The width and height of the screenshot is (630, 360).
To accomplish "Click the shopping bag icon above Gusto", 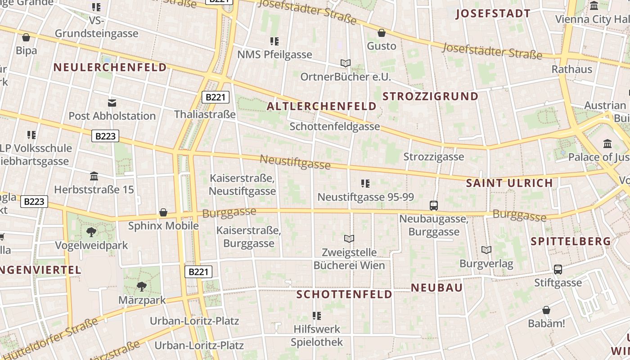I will click(382, 33).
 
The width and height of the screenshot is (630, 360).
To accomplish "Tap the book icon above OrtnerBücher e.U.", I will click(346, 63).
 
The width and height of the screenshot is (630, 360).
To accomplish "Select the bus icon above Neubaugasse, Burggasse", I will click(434, 206).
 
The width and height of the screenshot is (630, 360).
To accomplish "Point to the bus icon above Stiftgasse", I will click(558, 270).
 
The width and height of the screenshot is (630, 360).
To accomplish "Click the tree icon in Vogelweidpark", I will click(91, 232).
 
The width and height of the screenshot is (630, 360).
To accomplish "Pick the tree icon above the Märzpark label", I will click(142, 286).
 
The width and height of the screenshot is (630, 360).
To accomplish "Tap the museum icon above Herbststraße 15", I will click(94, 176).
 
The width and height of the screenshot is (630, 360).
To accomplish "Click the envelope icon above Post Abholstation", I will click(112, 103).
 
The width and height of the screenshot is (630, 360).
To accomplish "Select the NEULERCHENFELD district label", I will click(110, 67).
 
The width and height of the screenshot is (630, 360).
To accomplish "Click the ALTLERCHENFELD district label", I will click(322, 106).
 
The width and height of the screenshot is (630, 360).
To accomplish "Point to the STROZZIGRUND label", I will click(431, 96).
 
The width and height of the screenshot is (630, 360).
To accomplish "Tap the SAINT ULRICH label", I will click(509, 183).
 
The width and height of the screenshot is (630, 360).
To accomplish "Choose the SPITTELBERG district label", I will click(571, 241).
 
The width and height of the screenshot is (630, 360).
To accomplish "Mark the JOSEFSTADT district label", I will click(493, 13).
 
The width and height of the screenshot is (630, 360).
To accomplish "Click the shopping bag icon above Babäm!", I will click(546, 310).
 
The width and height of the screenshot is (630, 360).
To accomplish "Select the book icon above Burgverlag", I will click(486, 250).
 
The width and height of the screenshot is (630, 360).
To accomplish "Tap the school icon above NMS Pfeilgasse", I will click(274, 41).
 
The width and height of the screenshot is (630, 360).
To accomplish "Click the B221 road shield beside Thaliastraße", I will click(216, 97).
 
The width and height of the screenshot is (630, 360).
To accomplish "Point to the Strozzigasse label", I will click(434, 157).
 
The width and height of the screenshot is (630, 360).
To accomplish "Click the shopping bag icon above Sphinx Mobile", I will click(163, 212).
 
